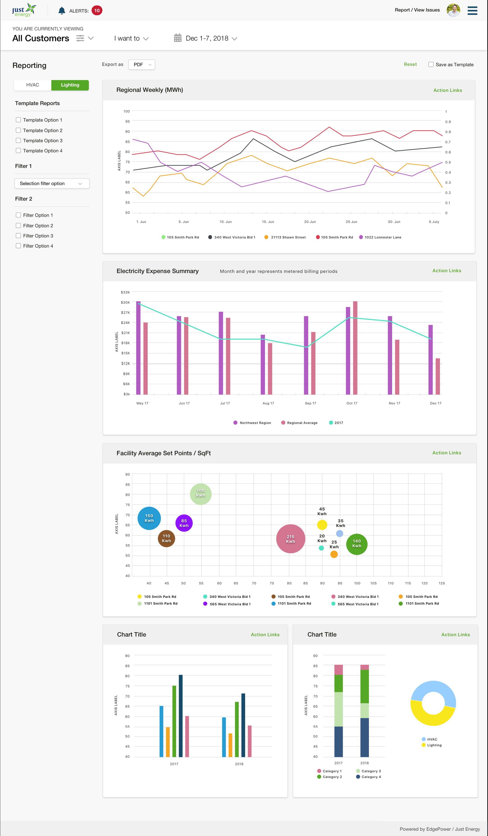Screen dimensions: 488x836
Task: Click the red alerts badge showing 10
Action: click(97, 11)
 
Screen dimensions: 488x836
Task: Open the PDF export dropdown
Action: click(142, 65)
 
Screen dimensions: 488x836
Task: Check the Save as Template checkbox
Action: click(431, 64)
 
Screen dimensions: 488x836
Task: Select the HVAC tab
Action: click(32, 85)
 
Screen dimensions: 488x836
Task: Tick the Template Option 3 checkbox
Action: click(18, 140)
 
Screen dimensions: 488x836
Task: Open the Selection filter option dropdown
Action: click(52, 184)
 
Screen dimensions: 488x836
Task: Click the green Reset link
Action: click(410, 64)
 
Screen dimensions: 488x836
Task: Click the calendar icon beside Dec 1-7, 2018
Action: click(178, 38)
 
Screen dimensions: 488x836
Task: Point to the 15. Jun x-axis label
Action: click(268, 222)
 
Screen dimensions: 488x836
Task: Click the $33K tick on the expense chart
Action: click(125, 292)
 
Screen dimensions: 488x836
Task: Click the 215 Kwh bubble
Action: click(291, 539)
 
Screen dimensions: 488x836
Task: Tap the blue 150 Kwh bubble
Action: click(149, 518)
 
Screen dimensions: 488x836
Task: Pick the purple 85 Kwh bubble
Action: click(184, 523)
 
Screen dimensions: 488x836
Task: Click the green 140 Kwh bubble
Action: click(357, 544)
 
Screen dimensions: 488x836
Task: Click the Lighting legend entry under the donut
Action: click(432, 745)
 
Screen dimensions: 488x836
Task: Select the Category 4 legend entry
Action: click(368, 777)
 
